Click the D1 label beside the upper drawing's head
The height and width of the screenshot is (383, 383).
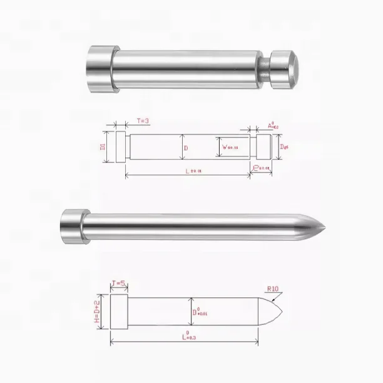point(103,147)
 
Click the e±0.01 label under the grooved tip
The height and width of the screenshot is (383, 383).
point(262,168)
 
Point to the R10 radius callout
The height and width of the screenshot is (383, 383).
point(273,290)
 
